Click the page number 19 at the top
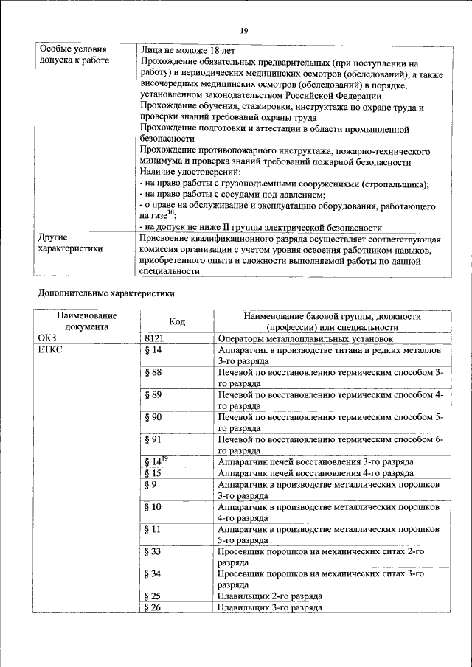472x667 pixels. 243,29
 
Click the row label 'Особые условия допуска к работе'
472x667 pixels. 74,55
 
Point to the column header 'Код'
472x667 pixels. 177,321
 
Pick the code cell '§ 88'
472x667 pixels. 154,373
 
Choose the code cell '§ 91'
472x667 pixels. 154,440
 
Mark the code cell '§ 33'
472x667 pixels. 154,551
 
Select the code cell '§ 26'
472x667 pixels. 154,607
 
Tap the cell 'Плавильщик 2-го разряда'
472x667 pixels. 270,596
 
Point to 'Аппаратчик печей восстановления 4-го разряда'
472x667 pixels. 316,473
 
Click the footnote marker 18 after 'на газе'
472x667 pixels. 170,213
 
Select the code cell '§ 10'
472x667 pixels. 154,507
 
